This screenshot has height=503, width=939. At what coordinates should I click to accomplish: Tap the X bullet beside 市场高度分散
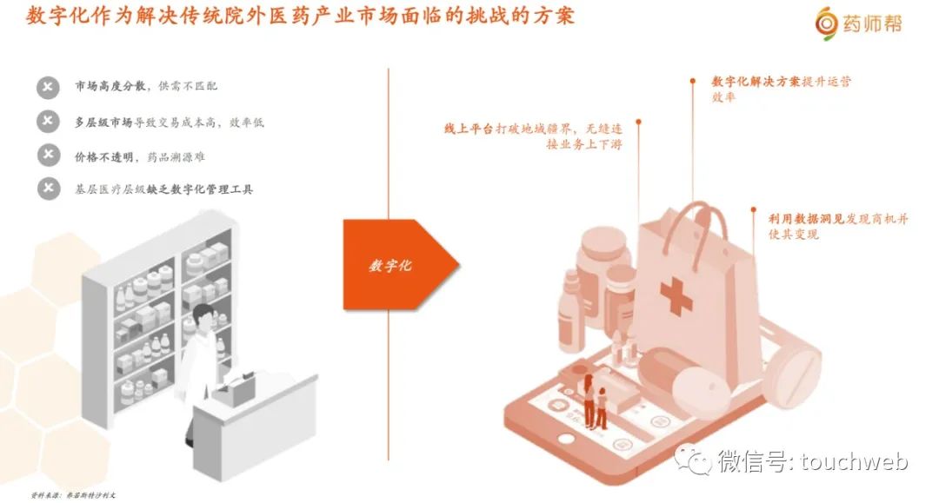coord(49,87)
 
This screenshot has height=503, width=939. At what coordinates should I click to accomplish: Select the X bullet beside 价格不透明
coord(49,156)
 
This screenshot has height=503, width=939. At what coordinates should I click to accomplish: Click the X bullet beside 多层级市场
coord(49,122)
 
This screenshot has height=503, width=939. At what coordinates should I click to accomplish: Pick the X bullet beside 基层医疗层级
coord(49,189)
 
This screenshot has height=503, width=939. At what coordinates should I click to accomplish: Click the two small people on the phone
coord(596,404)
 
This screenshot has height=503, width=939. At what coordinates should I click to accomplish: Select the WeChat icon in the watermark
coord(696,460)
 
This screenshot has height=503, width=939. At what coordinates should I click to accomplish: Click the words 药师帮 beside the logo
coord(872,23)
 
